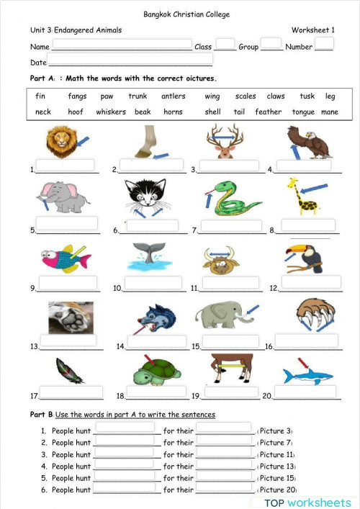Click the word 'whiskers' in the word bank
(x=111, y=112)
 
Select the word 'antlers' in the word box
(x=173, y=96)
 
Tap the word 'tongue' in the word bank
(x=303, y=112)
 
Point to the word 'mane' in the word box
(x=329, y=112)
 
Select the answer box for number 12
(x=311, y=281)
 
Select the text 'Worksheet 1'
(x=313, y=30)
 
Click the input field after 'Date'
(x=130, y=60)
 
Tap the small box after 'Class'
(x=225, y=43)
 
